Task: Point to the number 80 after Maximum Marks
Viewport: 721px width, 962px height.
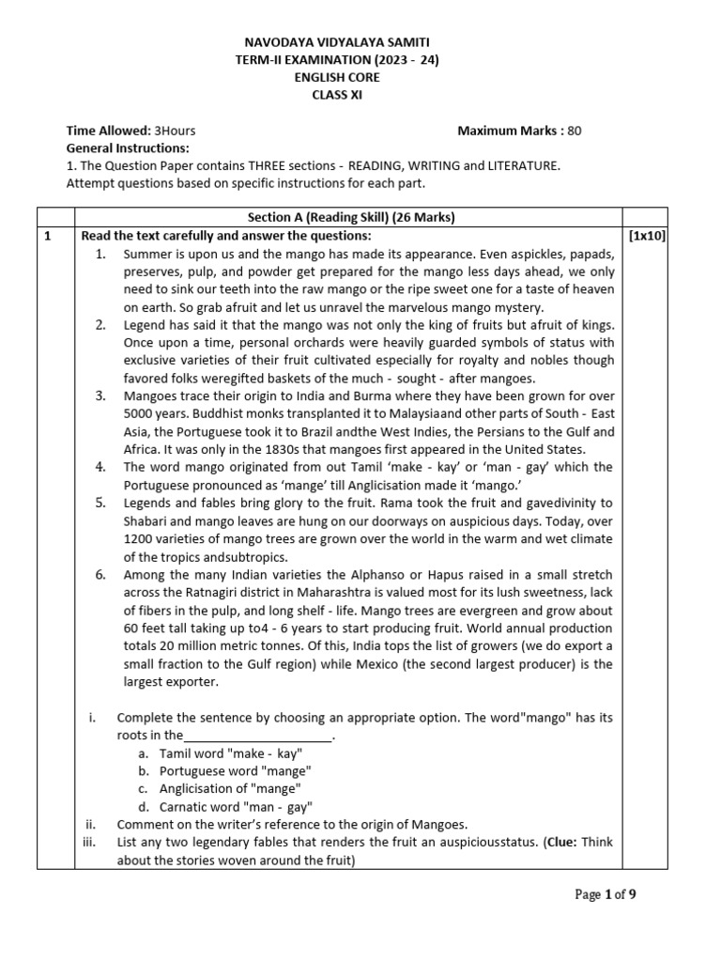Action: click(x=574, y=131)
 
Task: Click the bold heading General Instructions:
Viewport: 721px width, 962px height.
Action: click(x=128, y=148)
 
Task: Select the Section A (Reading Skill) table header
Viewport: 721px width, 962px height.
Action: click(x=350, y=217)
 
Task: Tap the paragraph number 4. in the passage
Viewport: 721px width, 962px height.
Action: click(x=100, y=467)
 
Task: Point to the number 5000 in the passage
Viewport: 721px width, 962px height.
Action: click(x=143, y=413)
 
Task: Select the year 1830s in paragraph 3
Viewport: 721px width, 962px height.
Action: click(x=277, y=449)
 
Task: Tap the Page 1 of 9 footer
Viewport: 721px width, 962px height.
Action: click(x=606, y=894)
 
